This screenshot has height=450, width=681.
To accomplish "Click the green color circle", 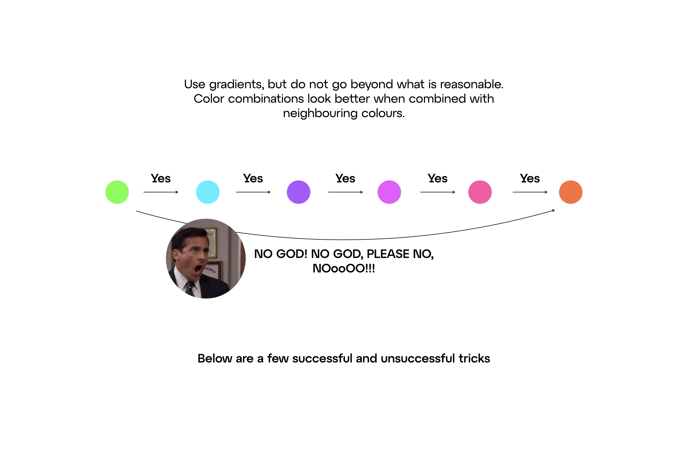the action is (x=117, y=192).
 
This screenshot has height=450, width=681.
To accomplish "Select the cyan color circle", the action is (x=208, y=192).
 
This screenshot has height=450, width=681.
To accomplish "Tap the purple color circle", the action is (x=298, y=192).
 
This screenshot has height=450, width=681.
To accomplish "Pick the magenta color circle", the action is (x=389, y=192).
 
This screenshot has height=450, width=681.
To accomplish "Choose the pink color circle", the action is (x=480, y=192).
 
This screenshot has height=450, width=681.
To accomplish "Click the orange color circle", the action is (x=571, y=192).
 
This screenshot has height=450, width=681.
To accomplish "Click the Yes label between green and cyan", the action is (x=161, y=179).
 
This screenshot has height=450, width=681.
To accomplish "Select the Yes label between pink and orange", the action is (x=530, y=179).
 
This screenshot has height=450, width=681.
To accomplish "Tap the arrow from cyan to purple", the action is (x=253, y=192).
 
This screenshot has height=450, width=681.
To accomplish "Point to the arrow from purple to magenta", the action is (x=345, y=192).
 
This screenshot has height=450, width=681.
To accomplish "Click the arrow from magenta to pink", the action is (x=438, y=192).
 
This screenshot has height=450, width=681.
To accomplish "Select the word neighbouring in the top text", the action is (x=320, y=114).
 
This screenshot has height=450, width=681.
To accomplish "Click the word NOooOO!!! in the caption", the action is (x=344, y=269).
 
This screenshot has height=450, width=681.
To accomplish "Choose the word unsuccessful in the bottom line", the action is (x=418, y=359).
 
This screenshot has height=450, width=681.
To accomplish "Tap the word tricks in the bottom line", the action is (x=474, y=359).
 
